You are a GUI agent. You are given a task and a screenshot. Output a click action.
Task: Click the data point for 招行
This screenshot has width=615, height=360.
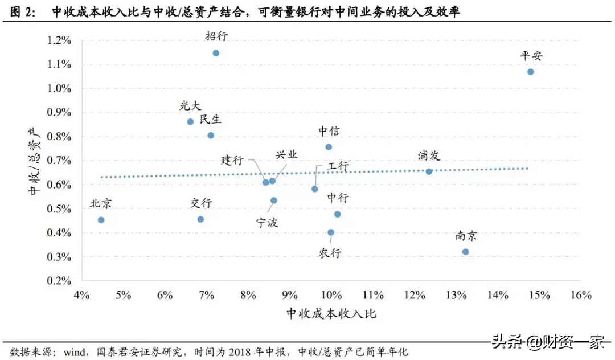[x=216, y=53]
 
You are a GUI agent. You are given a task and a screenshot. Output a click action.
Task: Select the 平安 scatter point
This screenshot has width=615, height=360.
[x=530, y=72]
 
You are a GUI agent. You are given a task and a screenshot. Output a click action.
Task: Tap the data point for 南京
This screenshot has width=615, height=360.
[x=465, y=252]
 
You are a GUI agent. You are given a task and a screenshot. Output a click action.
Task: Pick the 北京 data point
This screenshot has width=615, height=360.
[x=101, y=220]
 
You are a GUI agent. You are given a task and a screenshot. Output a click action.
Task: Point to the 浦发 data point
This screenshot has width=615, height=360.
[x=429, y=171]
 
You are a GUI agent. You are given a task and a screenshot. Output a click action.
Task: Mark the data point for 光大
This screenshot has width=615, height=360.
[x=190, y=122]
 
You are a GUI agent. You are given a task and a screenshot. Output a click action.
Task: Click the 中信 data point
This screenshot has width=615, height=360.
[x=329, y=147]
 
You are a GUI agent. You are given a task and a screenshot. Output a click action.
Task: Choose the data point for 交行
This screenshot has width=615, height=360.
[x=200, y=219]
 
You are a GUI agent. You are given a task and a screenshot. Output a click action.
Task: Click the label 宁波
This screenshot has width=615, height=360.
[x=267, y=223]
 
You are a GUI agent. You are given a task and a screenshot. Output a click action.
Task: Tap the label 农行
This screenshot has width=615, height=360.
[x=330, y=251]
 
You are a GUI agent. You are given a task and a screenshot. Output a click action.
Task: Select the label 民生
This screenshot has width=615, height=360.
[x=210, y=120]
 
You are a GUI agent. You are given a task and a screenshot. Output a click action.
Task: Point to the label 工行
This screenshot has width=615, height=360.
[x=338, y=167]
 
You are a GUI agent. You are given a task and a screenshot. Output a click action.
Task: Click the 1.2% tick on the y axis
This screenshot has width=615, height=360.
[x=59, y=40]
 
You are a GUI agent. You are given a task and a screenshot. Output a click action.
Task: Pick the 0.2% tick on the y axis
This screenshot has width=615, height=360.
[x=59, y=281]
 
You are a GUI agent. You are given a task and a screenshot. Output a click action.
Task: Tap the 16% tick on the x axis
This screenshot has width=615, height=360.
[x=580, y=295]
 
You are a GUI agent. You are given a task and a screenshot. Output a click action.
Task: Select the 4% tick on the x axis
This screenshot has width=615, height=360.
[x=81, y=295]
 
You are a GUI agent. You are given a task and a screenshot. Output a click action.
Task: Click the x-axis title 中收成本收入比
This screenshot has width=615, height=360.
[x=331, y=314]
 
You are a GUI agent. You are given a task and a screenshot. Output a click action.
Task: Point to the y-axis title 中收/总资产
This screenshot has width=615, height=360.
[x=35, y=160]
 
